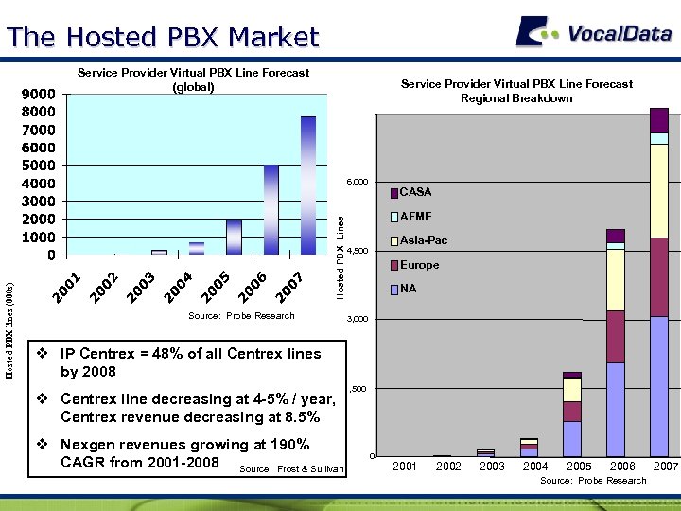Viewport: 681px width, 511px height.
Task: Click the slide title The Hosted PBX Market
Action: pyautogui.click(x=163, y=37)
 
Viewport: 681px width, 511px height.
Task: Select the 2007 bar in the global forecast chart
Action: pyautogui.click(x=308, y=185)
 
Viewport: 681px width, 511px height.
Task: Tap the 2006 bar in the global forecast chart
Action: pyautogui.click(x=271, y=210)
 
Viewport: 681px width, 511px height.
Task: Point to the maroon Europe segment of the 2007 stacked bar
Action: pyautogui.click(x=659, y=276)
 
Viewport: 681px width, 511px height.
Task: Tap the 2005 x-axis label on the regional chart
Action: pyautogui.click(x=579, y=467)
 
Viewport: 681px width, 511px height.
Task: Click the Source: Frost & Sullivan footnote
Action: pyautogui.click(x=291, y=469)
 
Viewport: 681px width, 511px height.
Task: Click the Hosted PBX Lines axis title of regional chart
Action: pyautogui.click(x=340, y=257)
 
